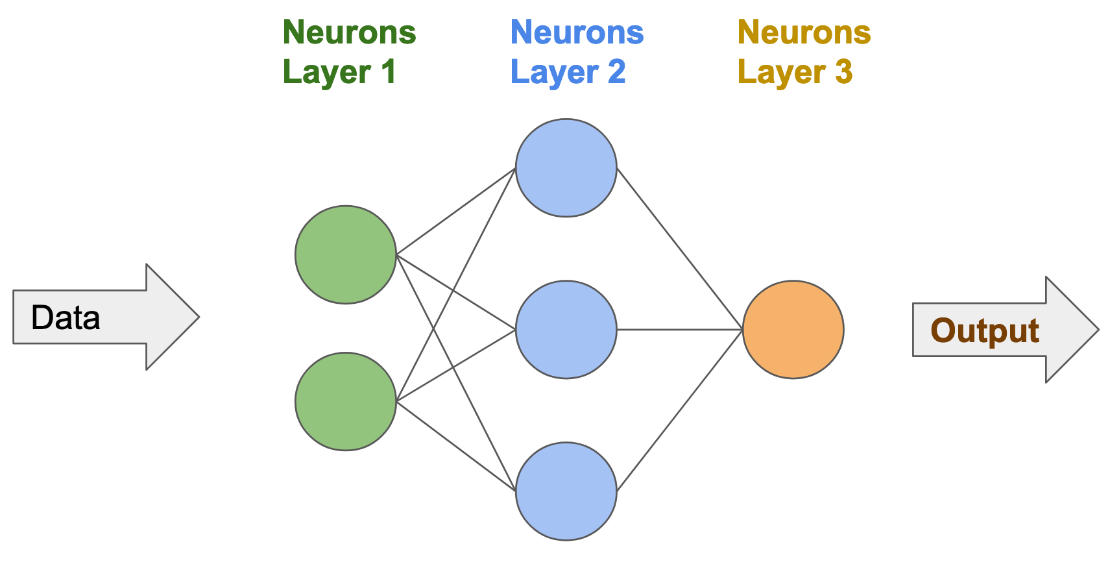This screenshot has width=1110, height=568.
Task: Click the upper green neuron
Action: click(x=345, y=254)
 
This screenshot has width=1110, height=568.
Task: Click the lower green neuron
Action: click(x=345, y=401)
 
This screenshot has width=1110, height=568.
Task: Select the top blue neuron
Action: click(x=566, y=167)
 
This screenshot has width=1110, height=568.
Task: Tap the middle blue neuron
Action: click(x=566, y=329)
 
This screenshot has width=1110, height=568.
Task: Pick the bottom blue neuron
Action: click(x=566, y=491)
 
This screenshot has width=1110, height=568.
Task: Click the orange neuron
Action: click(x=793, y=329)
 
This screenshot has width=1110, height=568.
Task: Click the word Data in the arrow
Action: click(x=66, y=317)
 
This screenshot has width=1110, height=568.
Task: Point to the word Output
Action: click(x=984, y=330)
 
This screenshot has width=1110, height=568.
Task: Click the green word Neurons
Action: click(x=349, y=32)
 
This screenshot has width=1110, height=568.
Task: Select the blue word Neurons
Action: click(x=577, y=32)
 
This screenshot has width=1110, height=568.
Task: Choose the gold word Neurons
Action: click(x=804, y=32)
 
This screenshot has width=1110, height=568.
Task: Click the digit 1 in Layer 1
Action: click(x=389, y=71)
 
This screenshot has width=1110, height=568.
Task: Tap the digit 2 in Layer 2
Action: click(x=616, y=71)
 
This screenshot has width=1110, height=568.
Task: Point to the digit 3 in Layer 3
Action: click(x=843, y=71)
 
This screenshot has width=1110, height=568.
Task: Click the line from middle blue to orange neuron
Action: click(x=679, y=330)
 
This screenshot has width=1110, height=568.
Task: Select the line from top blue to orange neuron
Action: click(x=679, y=249)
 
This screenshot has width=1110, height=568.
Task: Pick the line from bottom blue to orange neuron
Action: click(x=679, y=410)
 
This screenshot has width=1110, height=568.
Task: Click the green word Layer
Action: click(x=326, y=73)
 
